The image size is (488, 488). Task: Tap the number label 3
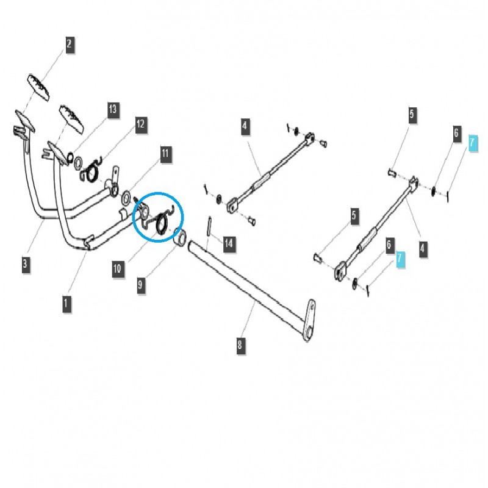[25, 264]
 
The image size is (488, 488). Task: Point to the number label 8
[240, 345]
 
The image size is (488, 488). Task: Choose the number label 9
[141, 284]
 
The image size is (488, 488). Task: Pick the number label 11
[165, 153]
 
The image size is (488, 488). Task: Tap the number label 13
[112, 110]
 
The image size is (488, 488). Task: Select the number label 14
[228, 244]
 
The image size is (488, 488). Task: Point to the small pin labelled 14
[209, 226]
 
